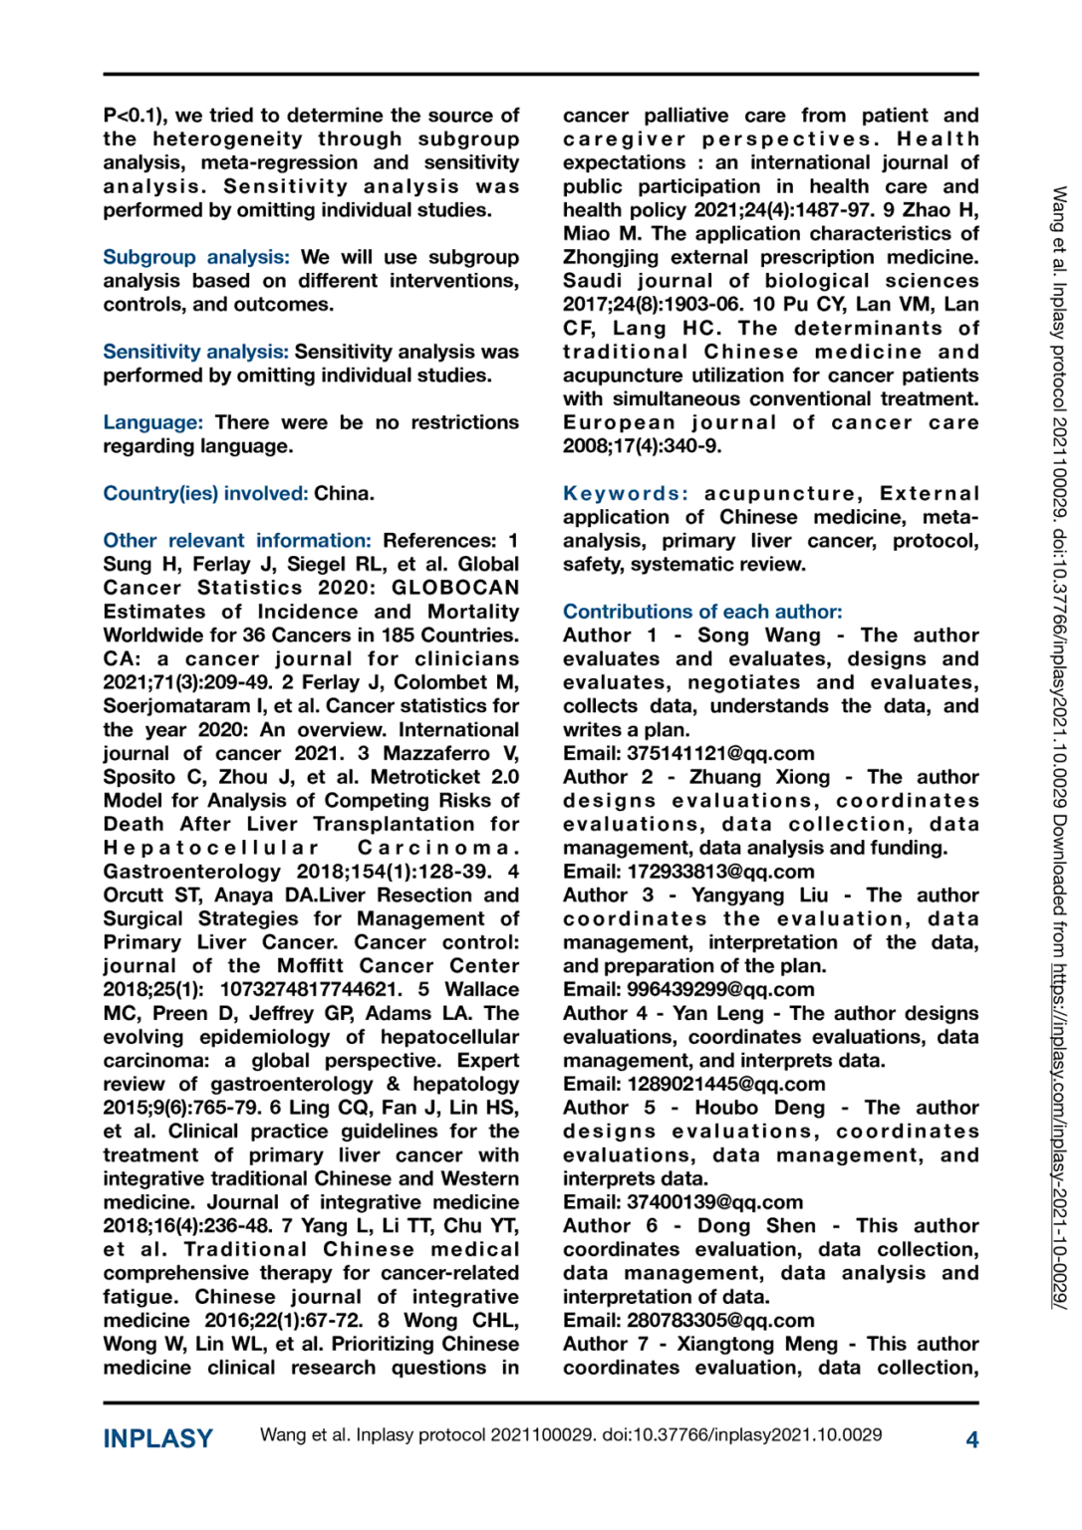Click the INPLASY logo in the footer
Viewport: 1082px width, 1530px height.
pyautogui.click(x=157, y=1438)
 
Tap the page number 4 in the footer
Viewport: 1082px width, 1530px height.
pyautogui.click(x=971, y=1438)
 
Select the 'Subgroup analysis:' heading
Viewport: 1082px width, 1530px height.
pyautogui.click(x=196, y=257)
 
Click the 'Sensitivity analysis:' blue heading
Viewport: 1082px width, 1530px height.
pyautogui.click(x=196, y=352)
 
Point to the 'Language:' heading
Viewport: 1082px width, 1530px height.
pyautogui.click(x=152, y=422)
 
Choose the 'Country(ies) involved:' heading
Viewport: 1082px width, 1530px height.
pyautogui.click(x=205, y=493)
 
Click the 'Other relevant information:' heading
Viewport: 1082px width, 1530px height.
pyautogui.click(x=237, y=540)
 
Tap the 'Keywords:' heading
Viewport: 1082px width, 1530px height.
pyautogui.click(x=625, y=493)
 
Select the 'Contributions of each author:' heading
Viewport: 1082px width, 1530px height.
pyautogui.click(x=702, y=612)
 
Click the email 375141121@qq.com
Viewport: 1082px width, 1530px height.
pyautogui.click(x=720, y=753)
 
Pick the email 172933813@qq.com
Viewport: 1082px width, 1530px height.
pyautogui.click(x=720, y=872)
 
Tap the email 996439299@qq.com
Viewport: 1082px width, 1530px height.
pyautogui.click(x=720, y=989)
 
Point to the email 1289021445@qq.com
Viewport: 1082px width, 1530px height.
pyautogui.click(x=726, y=1084)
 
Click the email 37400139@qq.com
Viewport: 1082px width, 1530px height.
pyautogui.click(x=714, y=1202)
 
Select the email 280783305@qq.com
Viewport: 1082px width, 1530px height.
pyautogui.click(x=720, y=1320)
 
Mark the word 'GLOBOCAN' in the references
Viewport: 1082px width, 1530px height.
pyautogui.click(x=455, y=588)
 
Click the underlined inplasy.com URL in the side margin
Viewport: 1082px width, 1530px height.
pyautogui.click(x=1060, y=1136)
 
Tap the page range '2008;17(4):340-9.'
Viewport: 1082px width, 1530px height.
pyautogui.click(x=643, y=445)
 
